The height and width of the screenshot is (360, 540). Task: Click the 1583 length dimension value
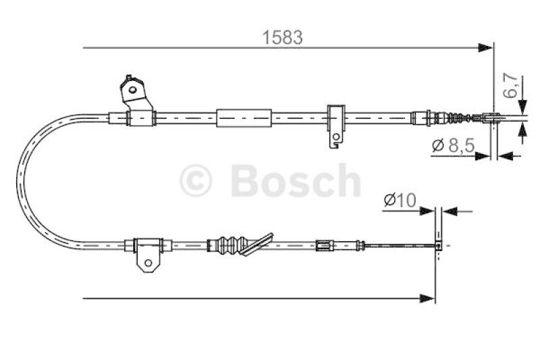[x=283, y=38]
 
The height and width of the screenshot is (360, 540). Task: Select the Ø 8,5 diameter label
[x=452, y=145]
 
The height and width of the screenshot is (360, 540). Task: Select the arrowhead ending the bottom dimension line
[x=427, y=297]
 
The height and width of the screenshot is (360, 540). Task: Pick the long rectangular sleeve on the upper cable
[x=243, y=118]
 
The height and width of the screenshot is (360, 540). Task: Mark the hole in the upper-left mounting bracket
[x=133, y=87]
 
